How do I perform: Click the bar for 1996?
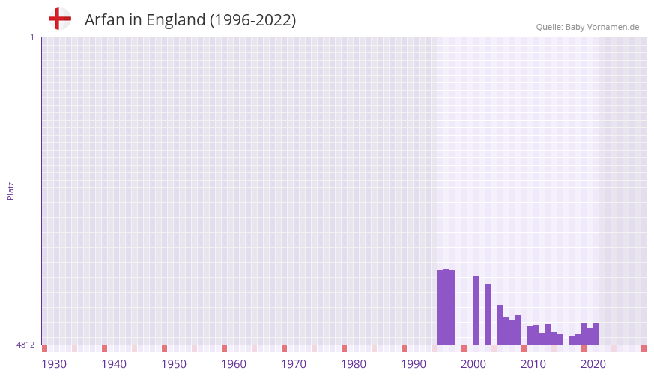(440, 307)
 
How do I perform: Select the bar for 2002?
(476, 311)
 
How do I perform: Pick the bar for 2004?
(488, 315)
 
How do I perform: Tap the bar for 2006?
(500, 325)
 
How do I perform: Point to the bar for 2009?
(518, 330)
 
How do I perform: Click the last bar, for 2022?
(596, 334)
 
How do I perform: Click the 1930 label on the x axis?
(54, 364)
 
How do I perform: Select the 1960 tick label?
(234, 364)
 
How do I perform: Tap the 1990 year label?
(414, 364)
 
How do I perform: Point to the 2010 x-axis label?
(533, 364)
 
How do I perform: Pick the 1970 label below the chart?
(294, 364)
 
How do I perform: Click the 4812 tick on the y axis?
(25, 345)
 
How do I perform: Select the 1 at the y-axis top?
(31, 37)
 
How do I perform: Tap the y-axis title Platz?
(10, 190)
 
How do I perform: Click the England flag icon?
(60, 19)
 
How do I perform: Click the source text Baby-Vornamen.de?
(602, 27)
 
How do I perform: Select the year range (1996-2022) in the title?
(252, 20)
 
